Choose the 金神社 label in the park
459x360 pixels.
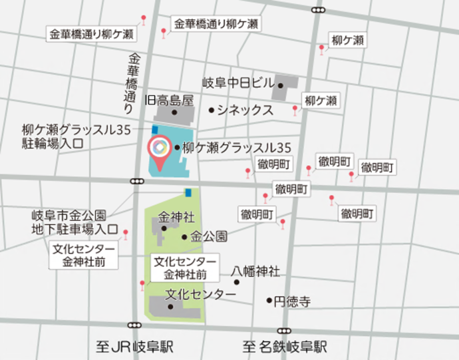point(176,217)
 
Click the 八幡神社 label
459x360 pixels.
point(255,271)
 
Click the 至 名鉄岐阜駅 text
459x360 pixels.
point(285,347)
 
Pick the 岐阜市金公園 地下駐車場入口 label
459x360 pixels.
point(69,223)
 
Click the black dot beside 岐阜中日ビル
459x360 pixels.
point(281,85)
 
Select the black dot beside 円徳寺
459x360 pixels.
point(269,301)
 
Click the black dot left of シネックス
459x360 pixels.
point(212,110)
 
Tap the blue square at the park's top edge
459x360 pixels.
point(188,192)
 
